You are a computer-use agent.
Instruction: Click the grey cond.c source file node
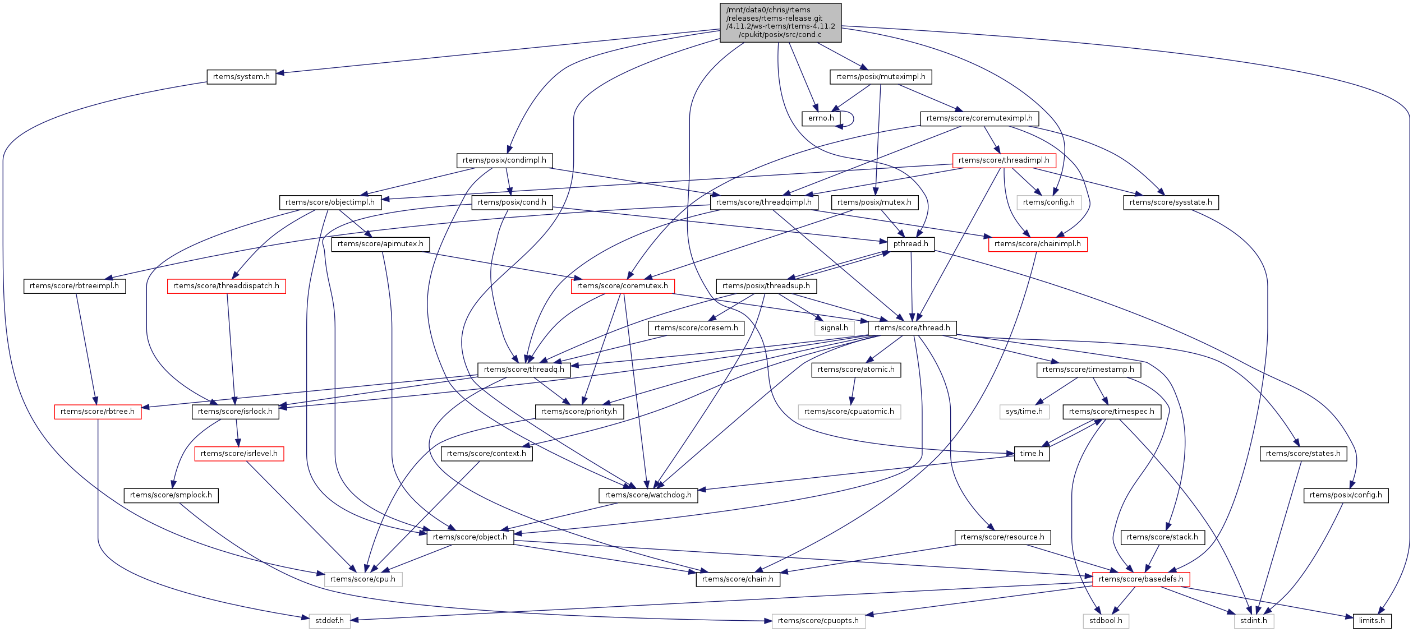780,22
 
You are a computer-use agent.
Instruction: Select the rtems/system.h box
241,77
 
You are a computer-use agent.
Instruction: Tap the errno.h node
821,118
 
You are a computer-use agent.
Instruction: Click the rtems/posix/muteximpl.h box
880,77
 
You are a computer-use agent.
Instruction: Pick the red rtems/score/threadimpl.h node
1004,160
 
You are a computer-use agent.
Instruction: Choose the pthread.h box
910,244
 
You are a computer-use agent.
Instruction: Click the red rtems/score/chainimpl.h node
1037,244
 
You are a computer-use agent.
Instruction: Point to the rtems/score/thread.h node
912,328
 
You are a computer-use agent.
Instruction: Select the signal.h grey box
834,328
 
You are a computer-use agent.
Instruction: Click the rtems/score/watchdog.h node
648,495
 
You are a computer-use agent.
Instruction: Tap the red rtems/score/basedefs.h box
1140,579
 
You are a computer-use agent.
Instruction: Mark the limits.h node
1371,621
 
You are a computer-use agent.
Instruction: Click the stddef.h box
329,621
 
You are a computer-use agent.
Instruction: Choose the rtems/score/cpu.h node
362,579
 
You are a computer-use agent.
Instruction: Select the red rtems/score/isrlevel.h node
239,454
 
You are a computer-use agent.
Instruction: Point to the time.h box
1031,454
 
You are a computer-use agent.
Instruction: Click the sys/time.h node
1024,412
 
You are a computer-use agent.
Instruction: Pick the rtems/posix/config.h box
1345,495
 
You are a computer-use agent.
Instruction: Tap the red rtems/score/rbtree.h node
97,412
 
